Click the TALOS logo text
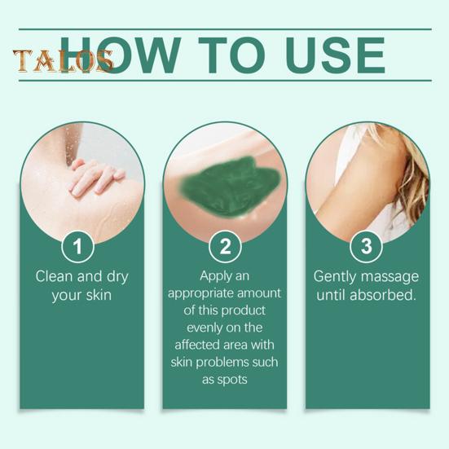click(61, 60)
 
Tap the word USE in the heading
click(334, 55)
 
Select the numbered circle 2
click(223, 245)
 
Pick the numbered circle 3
click(367, 245)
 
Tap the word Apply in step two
click(214, 275)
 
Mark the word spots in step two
click(234, 379)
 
